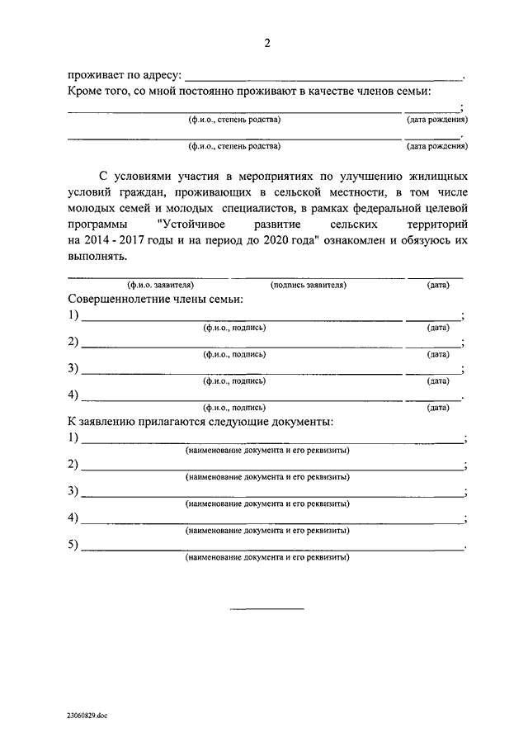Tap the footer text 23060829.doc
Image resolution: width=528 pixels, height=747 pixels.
click(85, 716)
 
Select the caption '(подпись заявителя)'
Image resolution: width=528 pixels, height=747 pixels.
click(308, 285)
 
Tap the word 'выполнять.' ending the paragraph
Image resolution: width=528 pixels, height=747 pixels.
click(97, 256)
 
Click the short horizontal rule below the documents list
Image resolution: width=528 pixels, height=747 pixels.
click(266, 608)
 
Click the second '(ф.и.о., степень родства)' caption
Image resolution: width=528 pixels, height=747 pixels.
click(234, 146)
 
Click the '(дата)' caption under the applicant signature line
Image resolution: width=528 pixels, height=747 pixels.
click(438, 285)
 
